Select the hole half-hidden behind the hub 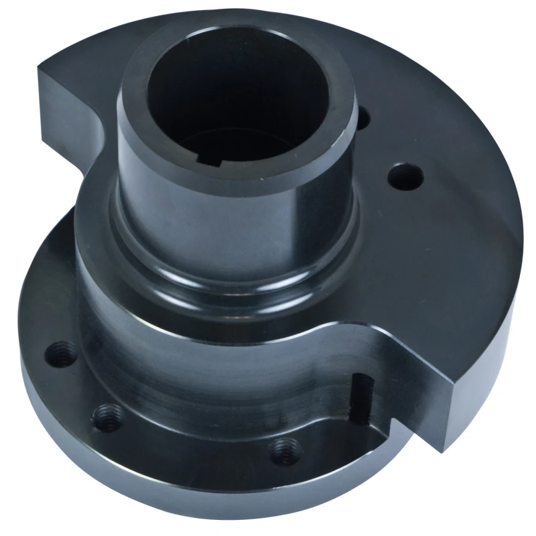point(362,118)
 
